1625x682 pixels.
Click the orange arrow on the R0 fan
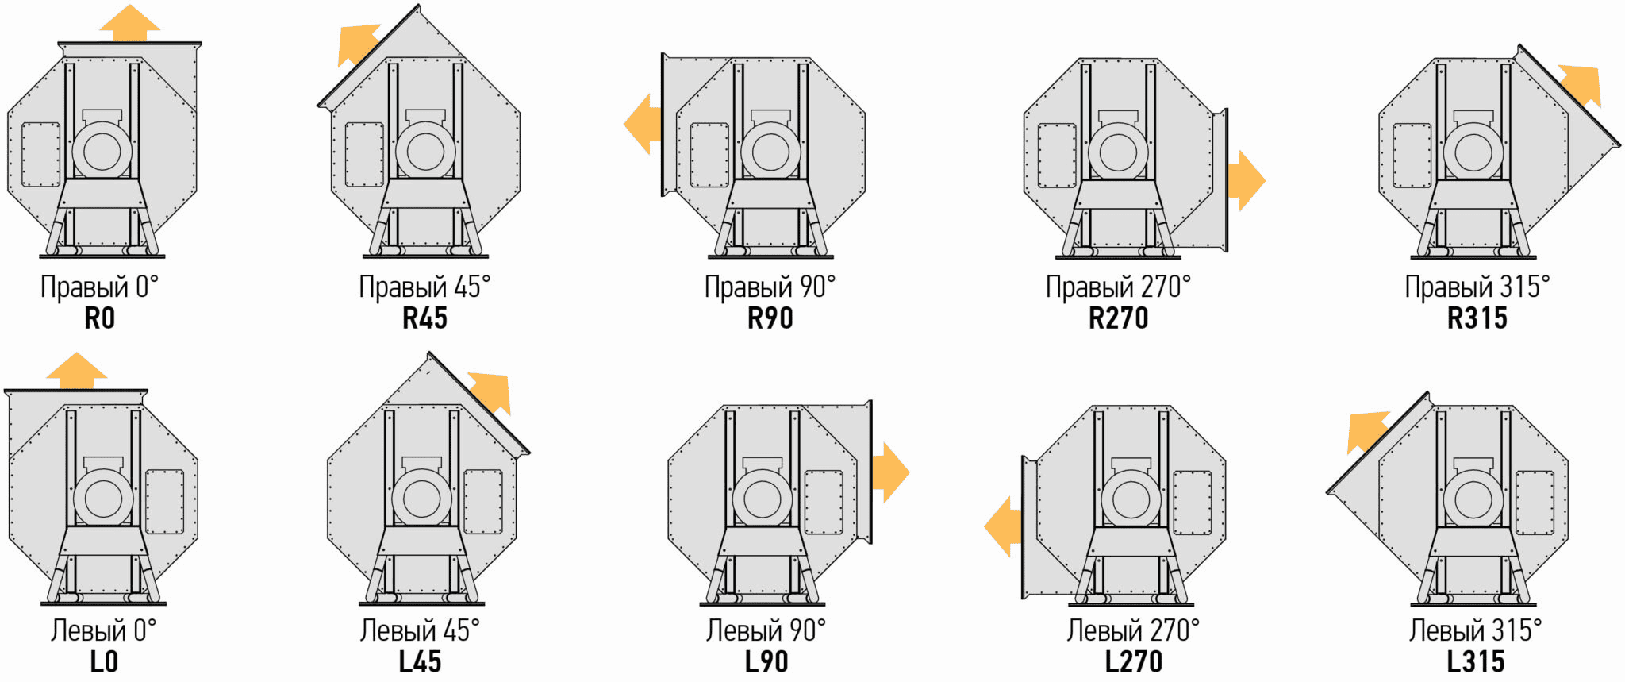tap(130, 22)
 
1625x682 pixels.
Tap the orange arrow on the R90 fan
tap(643, 124)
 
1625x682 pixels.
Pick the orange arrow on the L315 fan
tap(1367, 431)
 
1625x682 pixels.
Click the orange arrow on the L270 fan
tap(1003, 526)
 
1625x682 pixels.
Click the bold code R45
tap(424, 318)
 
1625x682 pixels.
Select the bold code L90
tap(766, 661)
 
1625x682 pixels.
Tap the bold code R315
tap(1477, 318)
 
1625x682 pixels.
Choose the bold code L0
tap(104, 661)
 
